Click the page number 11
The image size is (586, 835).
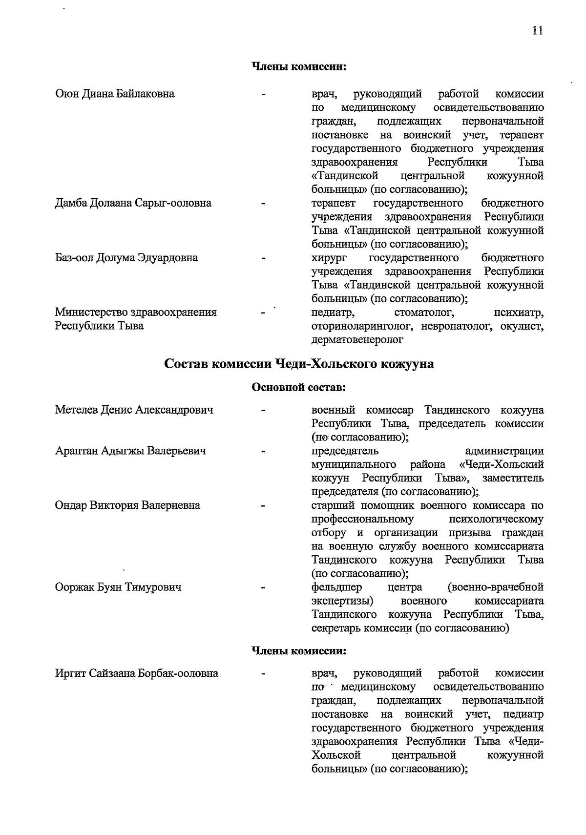537,31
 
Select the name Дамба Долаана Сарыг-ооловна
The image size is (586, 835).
133,203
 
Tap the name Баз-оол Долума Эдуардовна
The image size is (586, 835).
126,258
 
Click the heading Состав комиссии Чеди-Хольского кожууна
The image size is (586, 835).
298,364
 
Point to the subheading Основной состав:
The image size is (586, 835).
298,388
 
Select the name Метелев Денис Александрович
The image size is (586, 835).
134,410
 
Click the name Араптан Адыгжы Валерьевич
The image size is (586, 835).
130,451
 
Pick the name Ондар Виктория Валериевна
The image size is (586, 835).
127,505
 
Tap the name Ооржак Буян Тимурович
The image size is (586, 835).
118,587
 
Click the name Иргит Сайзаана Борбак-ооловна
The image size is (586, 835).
136,674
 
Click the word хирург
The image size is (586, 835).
328,258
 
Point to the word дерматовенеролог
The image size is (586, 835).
357,340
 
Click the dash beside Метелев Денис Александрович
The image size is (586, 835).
263,411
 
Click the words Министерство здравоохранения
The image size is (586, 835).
135,313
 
